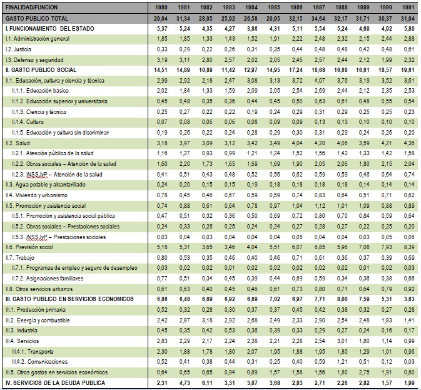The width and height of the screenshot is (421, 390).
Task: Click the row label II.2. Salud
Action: [x=18, y=143]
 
